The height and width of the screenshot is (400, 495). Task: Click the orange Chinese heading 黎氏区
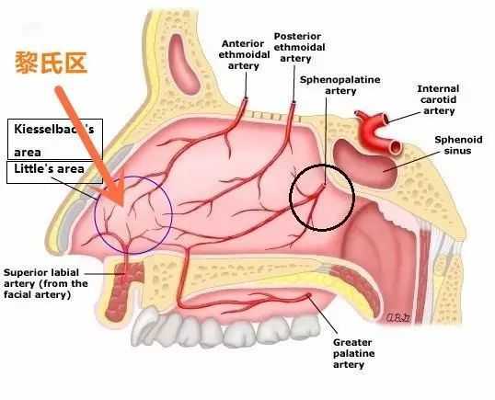[x=51, y=63]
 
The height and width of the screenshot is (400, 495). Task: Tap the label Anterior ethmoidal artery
[x=244, y=54]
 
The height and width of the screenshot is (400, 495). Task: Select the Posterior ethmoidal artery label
[x=299, y=47]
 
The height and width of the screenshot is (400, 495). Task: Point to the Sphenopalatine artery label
[x=340, y=86]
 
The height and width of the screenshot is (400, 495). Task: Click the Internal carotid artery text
[x=438, y=99]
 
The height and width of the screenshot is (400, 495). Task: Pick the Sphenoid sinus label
[x=458, y=144]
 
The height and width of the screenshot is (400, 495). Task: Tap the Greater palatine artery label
[x=353, y=353]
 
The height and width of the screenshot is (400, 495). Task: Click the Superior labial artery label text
[x=46, y=283]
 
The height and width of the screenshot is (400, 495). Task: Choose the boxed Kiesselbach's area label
[x=54, y=140]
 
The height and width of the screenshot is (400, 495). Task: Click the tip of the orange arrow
[x=122, y=205]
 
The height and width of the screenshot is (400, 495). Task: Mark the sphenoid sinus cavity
[x=363, y=163]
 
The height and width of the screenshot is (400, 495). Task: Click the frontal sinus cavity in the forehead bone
[x=183, y=64]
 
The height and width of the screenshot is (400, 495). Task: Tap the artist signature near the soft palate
[x=397, y=317]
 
